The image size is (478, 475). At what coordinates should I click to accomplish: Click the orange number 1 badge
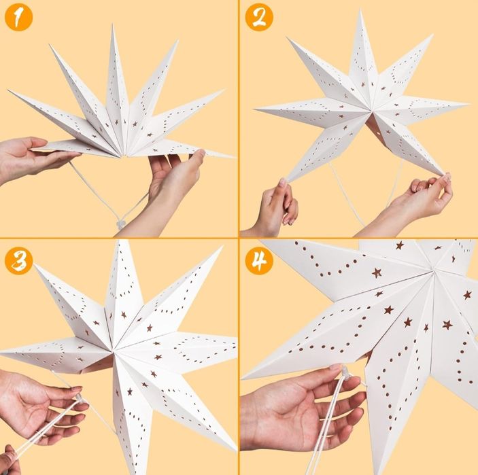[x=18, y=18]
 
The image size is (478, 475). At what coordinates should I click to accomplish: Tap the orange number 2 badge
[x=259, y=18]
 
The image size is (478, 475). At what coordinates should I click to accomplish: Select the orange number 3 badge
[x=18, y=261]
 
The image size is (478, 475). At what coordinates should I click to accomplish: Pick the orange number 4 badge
[x=259, y=261]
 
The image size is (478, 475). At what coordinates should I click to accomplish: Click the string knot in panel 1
[x=121, y=225]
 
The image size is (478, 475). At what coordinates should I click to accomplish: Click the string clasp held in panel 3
[x=80, y=398]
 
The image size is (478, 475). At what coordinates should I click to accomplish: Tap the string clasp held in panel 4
[x=345, y=372]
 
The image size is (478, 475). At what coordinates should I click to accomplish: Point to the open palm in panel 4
[x=305, y=408]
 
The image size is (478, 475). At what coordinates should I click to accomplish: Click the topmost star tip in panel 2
[x=361, y=10]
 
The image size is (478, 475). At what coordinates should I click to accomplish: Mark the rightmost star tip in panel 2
[x=468, y=105]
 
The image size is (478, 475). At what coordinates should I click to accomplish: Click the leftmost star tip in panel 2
[x=254, y=109]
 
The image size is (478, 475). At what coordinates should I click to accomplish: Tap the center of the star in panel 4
[x=434, y=269]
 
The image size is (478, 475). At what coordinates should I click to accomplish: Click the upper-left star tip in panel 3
[x=35, y=265]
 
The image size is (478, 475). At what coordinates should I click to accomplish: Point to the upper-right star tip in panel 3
[x=222, y=247]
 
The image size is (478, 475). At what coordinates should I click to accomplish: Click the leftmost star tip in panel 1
[x=9, y=90]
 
